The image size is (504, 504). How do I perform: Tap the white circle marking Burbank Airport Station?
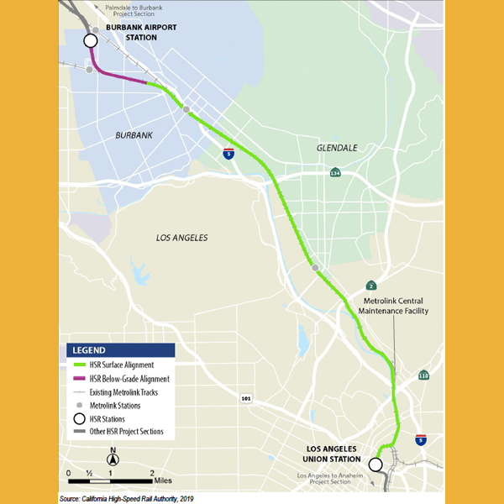pos(90,41)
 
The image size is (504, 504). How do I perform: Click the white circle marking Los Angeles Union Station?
pos(375,464)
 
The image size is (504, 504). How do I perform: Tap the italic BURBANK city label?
pos(134,134)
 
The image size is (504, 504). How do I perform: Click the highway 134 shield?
pos(335,173)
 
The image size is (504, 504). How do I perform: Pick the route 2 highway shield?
pos(371,286)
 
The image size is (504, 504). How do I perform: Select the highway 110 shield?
pos(423,375)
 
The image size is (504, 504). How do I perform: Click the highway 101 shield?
pos(244,397)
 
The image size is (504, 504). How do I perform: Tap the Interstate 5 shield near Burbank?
pos(228,154)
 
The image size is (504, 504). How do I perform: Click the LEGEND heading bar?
pos(120,349)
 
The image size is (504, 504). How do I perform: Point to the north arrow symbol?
pos(113,458)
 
